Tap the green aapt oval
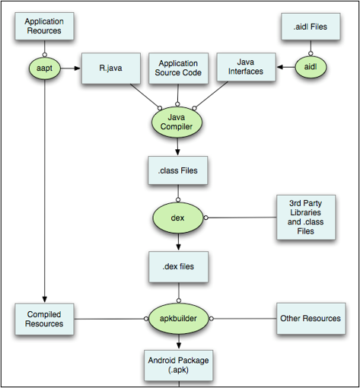coord(44,68)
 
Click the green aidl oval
coord(310,68)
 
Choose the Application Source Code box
coord(177,68)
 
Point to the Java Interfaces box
coord(245,68)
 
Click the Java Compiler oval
coord(177,123)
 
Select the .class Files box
coord(177,170)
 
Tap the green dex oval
coord(177,217)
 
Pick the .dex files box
coord(177,267)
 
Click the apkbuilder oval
coord(177,318)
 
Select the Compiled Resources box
coord(44,318)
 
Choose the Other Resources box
coord(311,318)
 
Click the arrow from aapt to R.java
coord(70,68)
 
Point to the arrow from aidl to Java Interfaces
coord(283,68)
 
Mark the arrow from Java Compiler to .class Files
coord(177,148)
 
